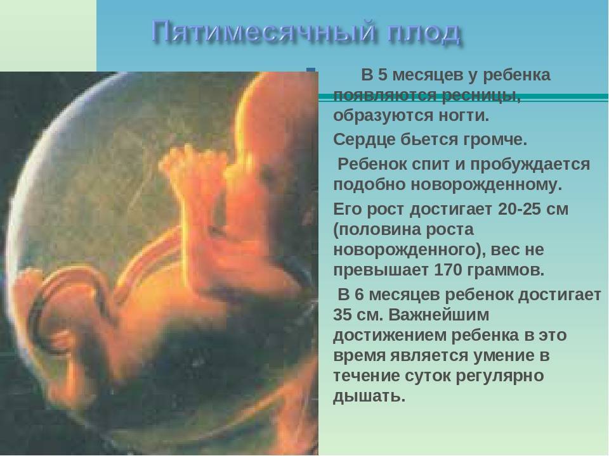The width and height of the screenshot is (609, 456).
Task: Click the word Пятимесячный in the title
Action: pos(264,32)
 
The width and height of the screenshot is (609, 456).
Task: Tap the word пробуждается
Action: pos(530,165)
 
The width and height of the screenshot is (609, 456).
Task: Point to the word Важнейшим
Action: pos(439,315)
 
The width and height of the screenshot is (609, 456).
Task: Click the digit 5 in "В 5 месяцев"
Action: pos(383,75)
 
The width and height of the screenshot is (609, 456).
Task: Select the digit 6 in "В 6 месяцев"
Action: pos(359,294)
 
